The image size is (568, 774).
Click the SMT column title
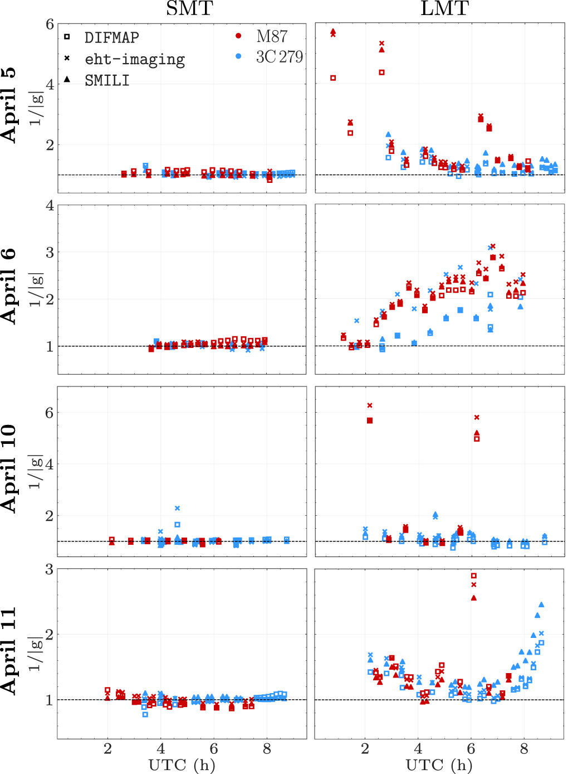(x=189, y=8)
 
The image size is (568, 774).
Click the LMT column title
(x=444, y=8)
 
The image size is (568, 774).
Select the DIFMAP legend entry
(x=111, y=37)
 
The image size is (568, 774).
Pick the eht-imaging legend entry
(x=134, y=59)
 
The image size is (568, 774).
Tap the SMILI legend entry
(x=107, y=81)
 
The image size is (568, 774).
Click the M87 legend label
(x=272, y=36)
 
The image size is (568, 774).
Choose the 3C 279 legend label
(x=279, y=57)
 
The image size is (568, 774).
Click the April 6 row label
(x=9, y=286)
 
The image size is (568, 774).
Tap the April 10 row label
(x=9, y=468)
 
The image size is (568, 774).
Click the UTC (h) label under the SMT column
(x=182, y=765)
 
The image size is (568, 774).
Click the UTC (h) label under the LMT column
(x=439, y=765)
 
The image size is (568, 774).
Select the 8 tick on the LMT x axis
(x=524, y=749)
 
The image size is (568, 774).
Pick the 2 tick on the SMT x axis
(x=107, y=749)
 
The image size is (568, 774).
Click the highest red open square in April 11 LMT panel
(x=474, y=575)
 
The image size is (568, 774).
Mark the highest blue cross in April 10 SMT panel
(x=177, y=508)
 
